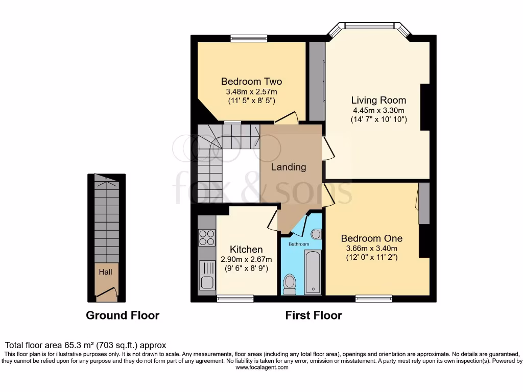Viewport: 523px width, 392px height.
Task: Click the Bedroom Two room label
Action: pos(251,81)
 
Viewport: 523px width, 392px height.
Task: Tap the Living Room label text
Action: pos(378,100)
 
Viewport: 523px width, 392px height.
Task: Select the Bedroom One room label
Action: pos(371,238)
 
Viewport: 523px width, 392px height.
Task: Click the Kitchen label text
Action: pos(246,249)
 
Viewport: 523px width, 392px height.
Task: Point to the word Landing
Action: pos(289,167)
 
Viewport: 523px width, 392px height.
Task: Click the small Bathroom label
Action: pos(299,244)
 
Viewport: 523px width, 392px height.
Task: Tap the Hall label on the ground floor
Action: pos(106,272)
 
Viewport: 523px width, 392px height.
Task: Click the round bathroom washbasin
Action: pos(316,234)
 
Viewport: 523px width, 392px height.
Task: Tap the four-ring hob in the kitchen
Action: pos(207,237)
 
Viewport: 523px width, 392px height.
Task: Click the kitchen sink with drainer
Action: pos(207,275)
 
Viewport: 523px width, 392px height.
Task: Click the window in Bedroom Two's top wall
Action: pos(248,38)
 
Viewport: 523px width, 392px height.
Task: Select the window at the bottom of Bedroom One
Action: pos(374,299)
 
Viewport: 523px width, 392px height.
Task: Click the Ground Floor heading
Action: pos(123,315)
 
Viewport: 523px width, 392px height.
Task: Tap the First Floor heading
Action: pos(314,315)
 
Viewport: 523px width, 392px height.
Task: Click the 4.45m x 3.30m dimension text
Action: pos(378,110)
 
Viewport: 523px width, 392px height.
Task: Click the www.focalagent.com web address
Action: pos(261,367)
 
